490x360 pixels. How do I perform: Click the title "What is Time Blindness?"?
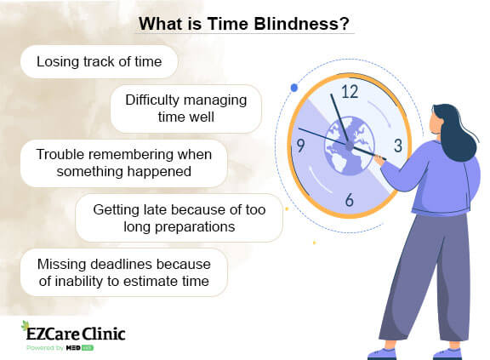244,24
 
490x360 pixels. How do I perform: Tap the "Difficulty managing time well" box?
185,108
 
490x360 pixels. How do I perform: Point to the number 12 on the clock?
350,92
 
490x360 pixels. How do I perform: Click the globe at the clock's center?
350,146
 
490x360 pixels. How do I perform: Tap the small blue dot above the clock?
293,87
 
